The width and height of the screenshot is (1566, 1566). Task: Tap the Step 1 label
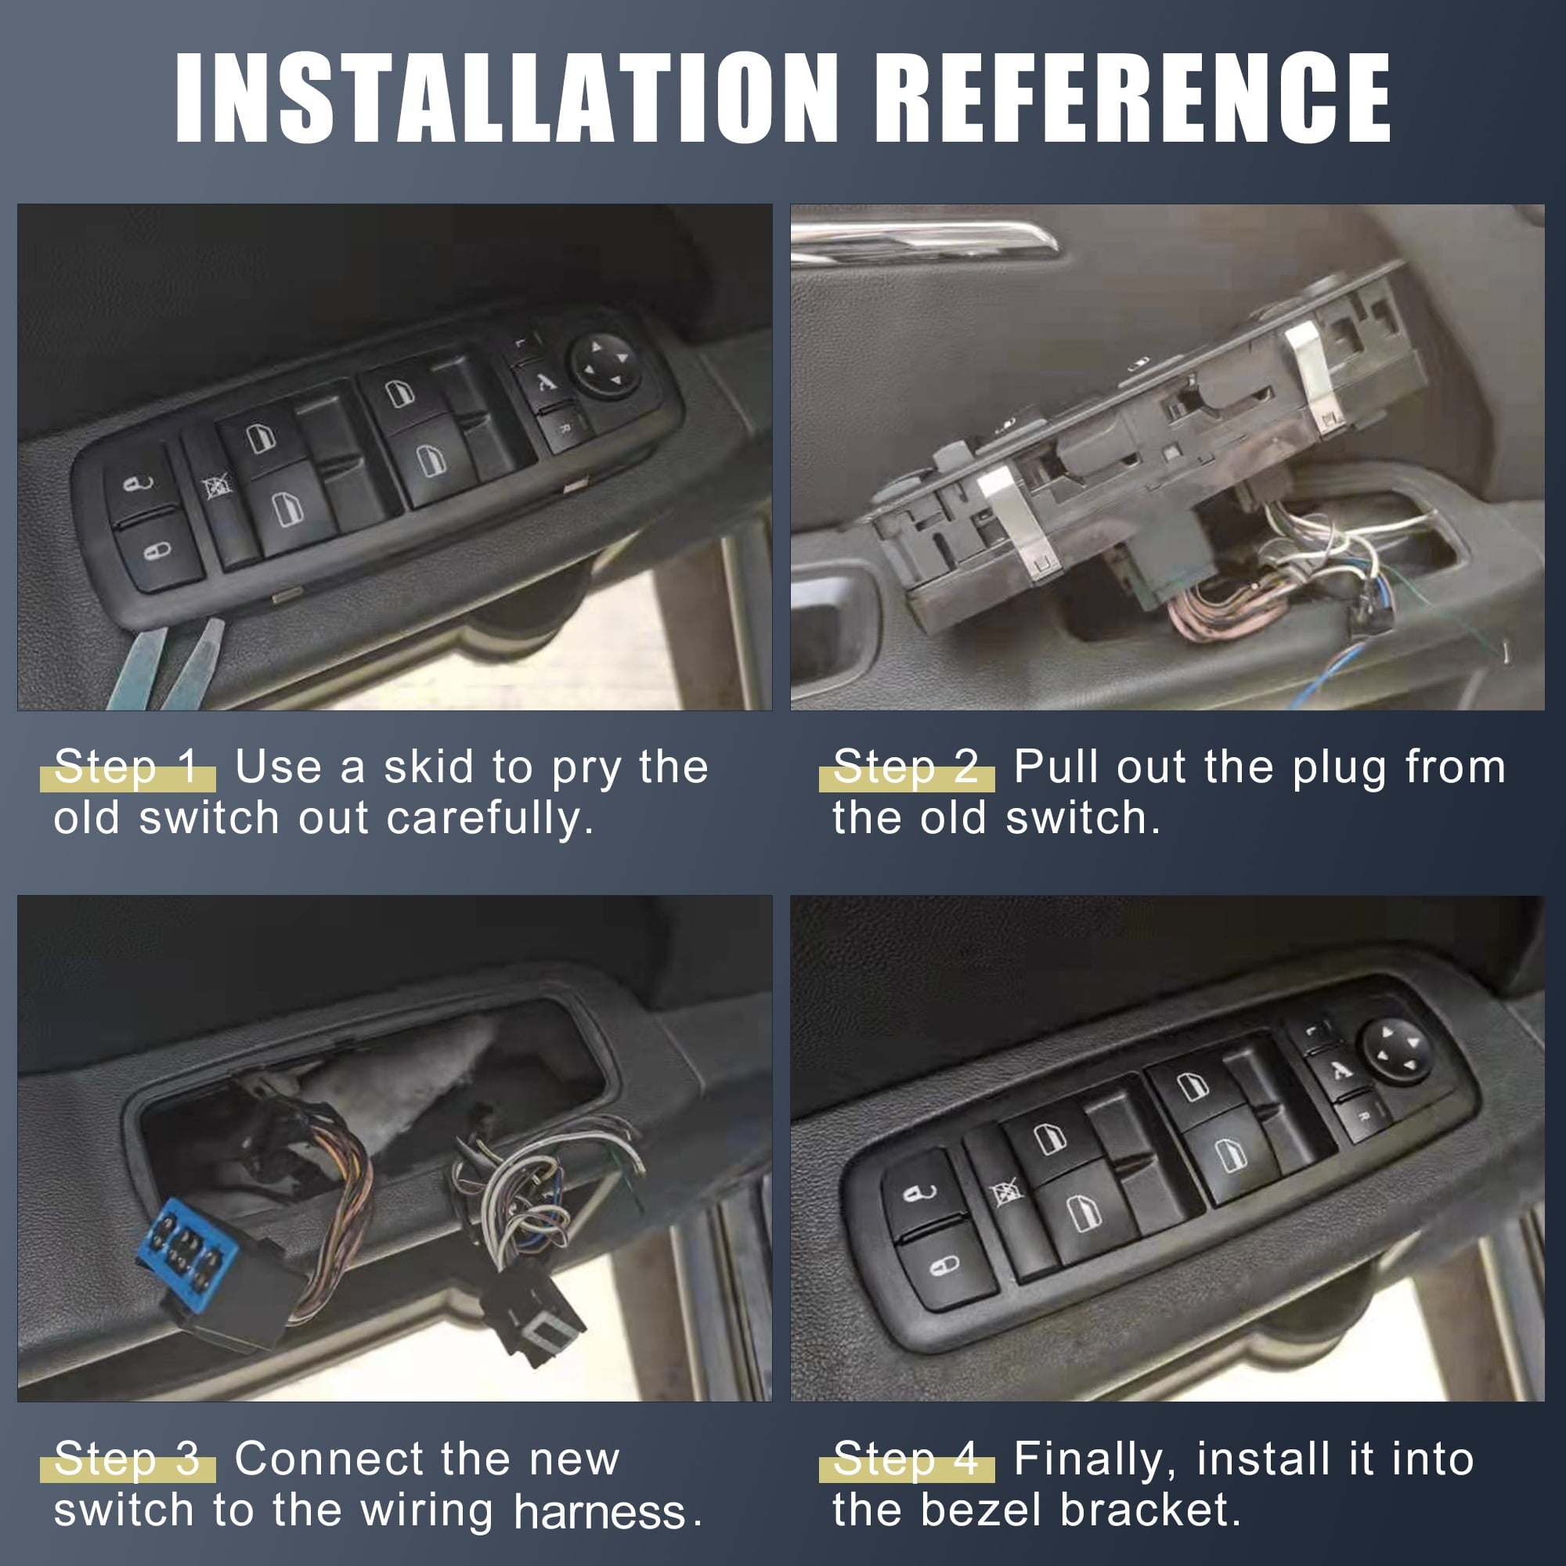pos(128,767)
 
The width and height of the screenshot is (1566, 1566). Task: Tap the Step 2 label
pos(906,767)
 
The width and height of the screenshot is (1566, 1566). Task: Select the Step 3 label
pos(128,1459)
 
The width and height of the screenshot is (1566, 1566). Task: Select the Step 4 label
pos(906,1459)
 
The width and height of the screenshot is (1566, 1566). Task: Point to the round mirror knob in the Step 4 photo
pos(1397,1051)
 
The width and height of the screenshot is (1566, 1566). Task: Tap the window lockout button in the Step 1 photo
pos(217,486)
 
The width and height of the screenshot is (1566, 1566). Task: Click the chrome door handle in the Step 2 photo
pos(924,241)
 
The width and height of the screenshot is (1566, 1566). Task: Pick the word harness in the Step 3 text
pos(600,1513)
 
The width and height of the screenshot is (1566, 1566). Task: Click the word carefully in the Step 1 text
pos(489,819)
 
